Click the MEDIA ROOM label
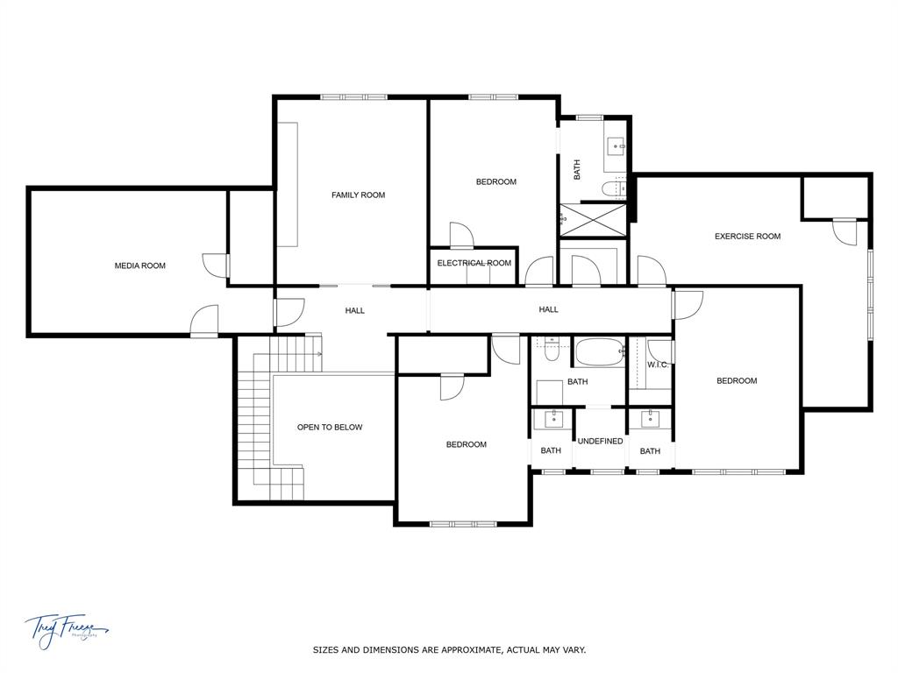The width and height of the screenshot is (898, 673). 140,266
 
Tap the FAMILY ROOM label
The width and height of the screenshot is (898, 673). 358,195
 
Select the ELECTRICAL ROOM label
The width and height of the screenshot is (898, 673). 474,263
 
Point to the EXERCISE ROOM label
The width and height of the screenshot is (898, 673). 747,236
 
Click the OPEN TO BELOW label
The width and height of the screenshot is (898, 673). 330,428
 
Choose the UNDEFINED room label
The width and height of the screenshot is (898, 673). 600,441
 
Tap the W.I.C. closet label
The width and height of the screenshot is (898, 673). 658,365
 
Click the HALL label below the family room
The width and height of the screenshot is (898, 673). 354,310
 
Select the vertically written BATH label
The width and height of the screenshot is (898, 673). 577,169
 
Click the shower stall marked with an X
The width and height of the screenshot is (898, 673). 595,219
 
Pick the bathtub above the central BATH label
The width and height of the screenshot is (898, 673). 600,352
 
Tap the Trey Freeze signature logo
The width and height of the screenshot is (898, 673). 66,629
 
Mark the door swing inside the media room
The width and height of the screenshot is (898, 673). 214,266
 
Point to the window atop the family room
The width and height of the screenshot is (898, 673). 354,97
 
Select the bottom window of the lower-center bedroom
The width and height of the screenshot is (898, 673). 462,524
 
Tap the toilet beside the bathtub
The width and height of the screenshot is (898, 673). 551,351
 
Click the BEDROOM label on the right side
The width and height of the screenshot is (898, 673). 736,380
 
